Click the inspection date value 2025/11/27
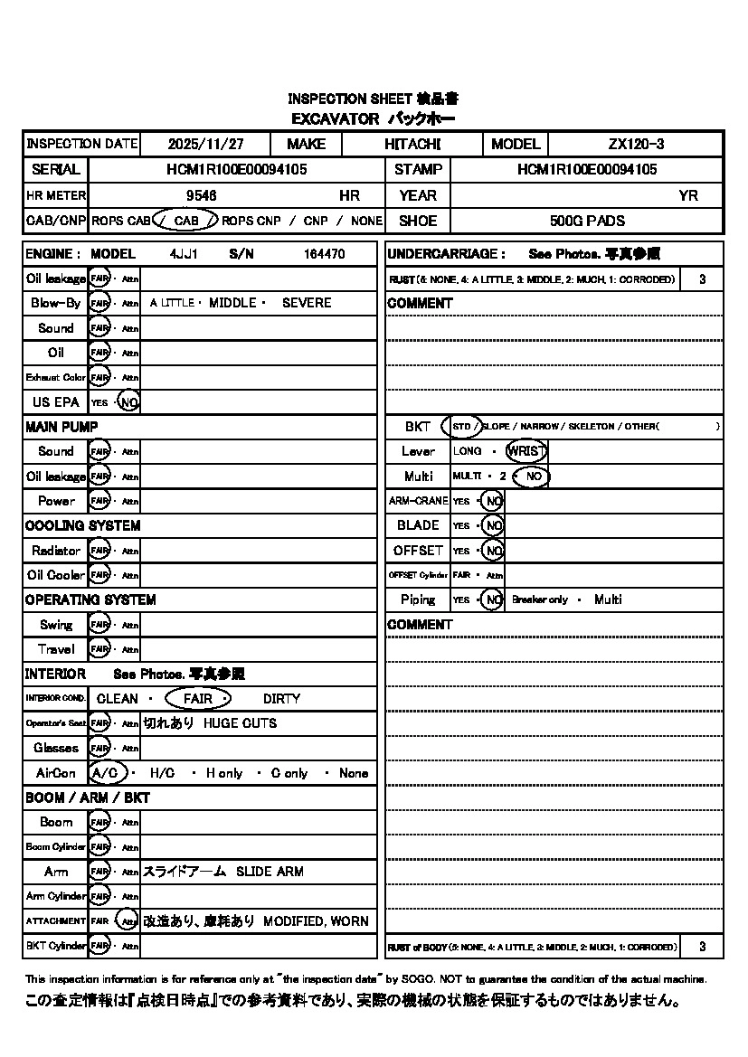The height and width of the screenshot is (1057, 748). (206, 144)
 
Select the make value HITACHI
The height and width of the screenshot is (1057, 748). (412, 144)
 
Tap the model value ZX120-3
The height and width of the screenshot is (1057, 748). (637, 144)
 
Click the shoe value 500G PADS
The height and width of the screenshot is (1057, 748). (587, 221)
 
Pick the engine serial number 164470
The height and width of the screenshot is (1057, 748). (324, 255)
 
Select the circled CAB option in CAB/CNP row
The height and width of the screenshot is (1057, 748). (185, 221)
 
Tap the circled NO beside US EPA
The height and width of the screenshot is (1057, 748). (129, 402)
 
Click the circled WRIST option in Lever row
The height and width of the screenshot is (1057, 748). (525, 451)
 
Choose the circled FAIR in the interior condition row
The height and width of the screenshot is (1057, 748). (197, 699)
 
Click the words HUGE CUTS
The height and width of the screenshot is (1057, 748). (240, 723)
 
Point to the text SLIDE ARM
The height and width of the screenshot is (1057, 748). (270, 872)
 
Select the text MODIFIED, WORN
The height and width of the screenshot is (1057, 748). (316, 921)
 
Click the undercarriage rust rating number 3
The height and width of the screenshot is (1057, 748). (702, 280)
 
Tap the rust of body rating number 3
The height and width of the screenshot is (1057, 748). (702, 947)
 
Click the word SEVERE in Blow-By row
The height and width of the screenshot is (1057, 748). (307, 303)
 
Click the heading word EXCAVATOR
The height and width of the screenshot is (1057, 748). (335, 118)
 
